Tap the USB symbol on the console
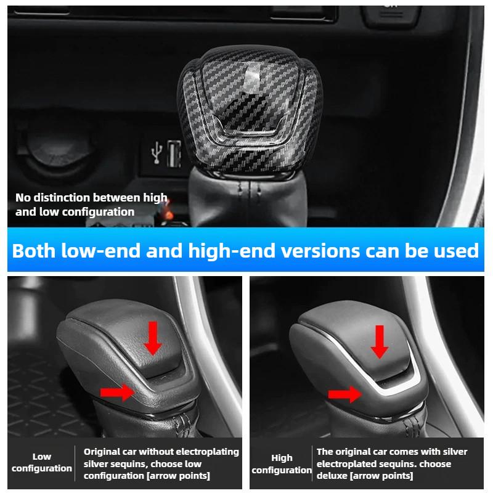pos(157,151)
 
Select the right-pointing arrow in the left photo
pos(117,390)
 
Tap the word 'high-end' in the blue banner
pos(236,251)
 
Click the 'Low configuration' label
pos(42,462)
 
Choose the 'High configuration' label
pos(282,463)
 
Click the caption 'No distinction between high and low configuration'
pos(91,205)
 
